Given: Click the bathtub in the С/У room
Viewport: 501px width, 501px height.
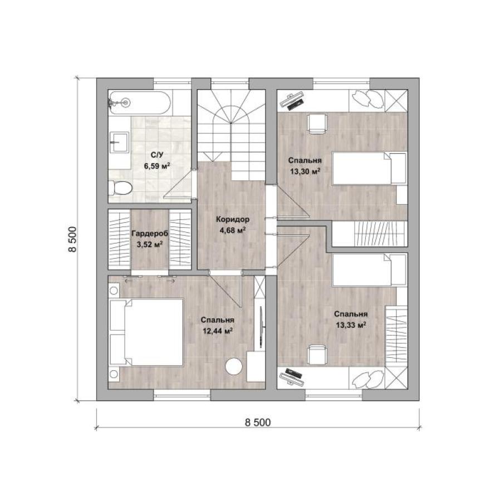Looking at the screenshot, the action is click(140, 102).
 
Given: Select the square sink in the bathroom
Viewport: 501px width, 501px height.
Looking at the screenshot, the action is click(119, 142).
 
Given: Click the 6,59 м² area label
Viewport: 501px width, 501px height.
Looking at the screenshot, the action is click(157, 166).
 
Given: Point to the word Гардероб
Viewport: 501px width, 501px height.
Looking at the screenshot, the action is click(150, 234).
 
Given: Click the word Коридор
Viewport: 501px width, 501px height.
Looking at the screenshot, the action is click(233, 219).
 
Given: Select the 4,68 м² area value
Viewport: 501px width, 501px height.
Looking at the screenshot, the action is click(233, 230).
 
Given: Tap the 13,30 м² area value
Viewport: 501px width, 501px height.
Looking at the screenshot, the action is click(305, 171).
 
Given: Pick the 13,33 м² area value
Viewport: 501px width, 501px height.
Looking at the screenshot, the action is click(351, 325).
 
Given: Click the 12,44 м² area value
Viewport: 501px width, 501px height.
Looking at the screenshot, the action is click(218, 331).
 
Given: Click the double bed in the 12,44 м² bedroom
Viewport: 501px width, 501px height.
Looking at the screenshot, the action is click(146, 332).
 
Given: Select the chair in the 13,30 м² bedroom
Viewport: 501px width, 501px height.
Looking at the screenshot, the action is click(317, 124).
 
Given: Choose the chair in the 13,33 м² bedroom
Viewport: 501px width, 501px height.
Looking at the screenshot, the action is click(317, 355).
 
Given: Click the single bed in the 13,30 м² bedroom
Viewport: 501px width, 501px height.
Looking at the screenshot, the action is click(370, 168).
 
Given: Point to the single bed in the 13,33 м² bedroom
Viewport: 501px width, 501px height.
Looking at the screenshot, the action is click(370, 270).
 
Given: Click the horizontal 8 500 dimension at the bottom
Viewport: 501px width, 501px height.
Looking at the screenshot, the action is click(258, 423).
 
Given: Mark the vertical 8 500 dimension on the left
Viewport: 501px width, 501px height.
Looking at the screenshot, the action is click(72, 239).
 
